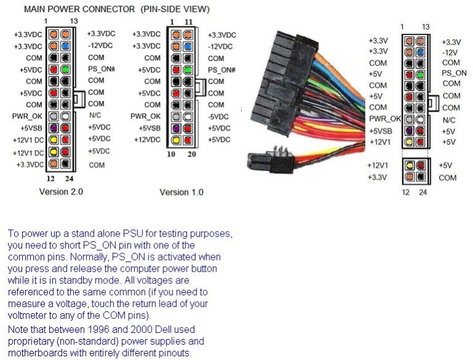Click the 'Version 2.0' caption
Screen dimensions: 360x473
pos(61,192)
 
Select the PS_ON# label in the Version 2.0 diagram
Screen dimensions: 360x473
pos(101,69)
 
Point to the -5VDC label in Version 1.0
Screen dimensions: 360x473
pos(219,116)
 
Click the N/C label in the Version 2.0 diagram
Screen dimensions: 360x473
pos(95,115)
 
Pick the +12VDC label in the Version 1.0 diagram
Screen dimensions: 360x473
pos(147,140)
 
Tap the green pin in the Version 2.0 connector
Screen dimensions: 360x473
pos(65,69)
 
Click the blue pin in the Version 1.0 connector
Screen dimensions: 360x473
pos(185,46)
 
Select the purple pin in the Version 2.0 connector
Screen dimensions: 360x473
pos(54,128)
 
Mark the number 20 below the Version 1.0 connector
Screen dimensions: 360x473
pos(191,154)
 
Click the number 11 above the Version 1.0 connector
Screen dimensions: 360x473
pos(188,22)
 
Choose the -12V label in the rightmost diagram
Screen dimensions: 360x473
pos(450,52)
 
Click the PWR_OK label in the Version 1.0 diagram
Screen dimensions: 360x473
pos(145,116)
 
